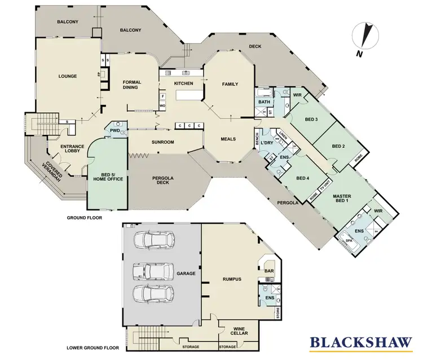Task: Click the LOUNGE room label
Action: [x=67, y=76]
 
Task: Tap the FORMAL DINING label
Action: [x=132, y=85]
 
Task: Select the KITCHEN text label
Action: [x=183, y=84]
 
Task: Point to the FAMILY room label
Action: [x=230, y=84]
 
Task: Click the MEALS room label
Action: [x=228, y=138]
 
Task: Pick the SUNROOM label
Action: [x=162, y=142]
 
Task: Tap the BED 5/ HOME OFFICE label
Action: [x=108, y=176]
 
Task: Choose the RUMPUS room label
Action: [x=231, y=279]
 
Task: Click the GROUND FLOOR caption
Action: [x=84, y=217]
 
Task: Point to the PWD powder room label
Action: [x=114, y=130]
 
